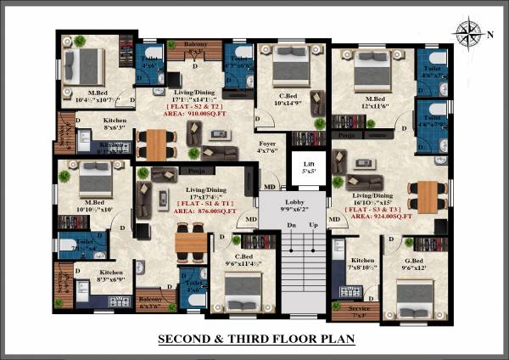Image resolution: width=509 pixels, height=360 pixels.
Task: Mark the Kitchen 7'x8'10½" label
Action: (x=362, y=264)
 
